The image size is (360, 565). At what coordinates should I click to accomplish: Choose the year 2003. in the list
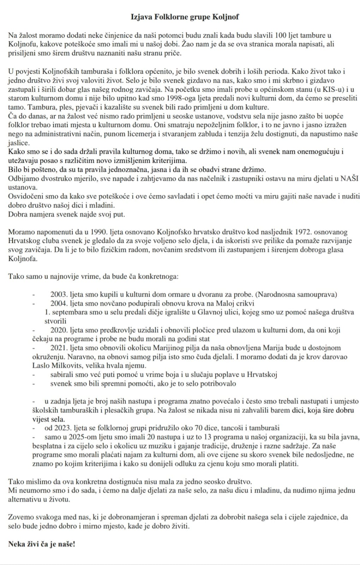point(59,295)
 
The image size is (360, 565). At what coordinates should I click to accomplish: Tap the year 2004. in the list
point(59,303)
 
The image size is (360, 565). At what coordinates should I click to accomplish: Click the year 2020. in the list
point(59,330)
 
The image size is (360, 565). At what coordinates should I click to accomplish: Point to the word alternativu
point(26,499)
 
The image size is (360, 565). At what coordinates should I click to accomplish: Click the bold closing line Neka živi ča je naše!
point(42,544)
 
